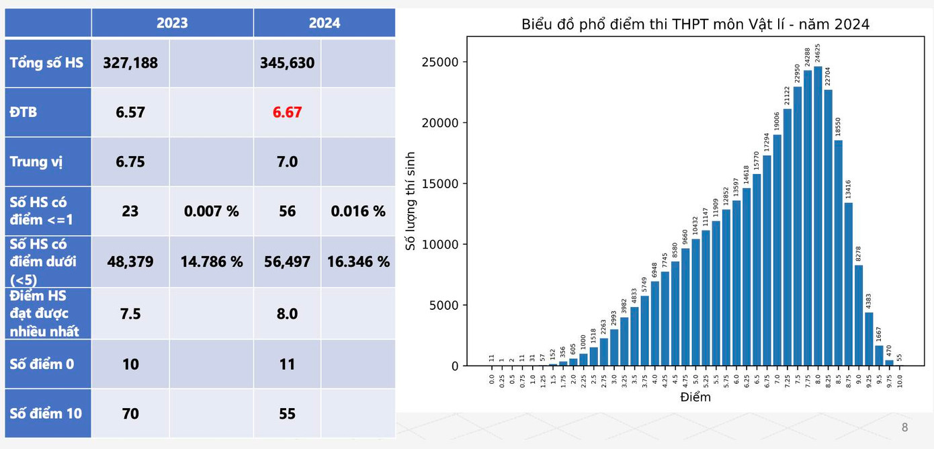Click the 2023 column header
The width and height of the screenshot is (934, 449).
tap(172, 23)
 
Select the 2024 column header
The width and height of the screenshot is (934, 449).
tap(325, 23)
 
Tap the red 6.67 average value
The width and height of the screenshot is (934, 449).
tap(287, 112)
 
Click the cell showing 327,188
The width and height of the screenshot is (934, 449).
tap(130, 63)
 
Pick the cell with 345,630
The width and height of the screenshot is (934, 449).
tap(287, 63)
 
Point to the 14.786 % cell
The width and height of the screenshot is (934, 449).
tap(211, 261)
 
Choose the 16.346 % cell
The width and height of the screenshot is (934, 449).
tap(358, 261)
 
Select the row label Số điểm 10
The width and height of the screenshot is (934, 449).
tap(46, 413)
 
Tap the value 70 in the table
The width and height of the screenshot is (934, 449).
tap(130, 413)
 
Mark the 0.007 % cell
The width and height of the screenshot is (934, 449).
tap(211, 211)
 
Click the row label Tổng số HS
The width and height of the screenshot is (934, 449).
tap(46, 63)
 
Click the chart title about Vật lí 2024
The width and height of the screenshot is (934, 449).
tap(695, 25)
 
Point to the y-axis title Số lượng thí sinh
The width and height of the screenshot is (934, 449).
tap(411, 201)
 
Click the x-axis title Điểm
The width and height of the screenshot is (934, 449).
tap(695, 397)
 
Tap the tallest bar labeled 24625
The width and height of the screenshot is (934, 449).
tap(818, 215)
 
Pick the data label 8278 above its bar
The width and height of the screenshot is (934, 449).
tap(859, 254)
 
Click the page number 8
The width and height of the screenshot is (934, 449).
tap(904, 427)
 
